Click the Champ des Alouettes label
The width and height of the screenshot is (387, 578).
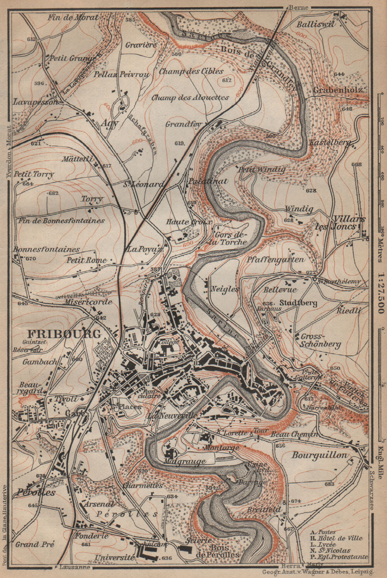(x=190, y=98)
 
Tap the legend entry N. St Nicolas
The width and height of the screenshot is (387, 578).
(x=330, y=551)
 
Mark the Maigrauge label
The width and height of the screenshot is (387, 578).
(x=184, y=461)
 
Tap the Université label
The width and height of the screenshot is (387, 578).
(x=115, y=558)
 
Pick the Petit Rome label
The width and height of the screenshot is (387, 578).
(x=86, y=260)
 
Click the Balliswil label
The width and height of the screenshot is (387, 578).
(x=316, y=24)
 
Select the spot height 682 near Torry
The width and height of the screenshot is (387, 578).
(x=53, y=194)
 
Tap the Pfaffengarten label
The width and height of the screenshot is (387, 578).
(x=276, y=259)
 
